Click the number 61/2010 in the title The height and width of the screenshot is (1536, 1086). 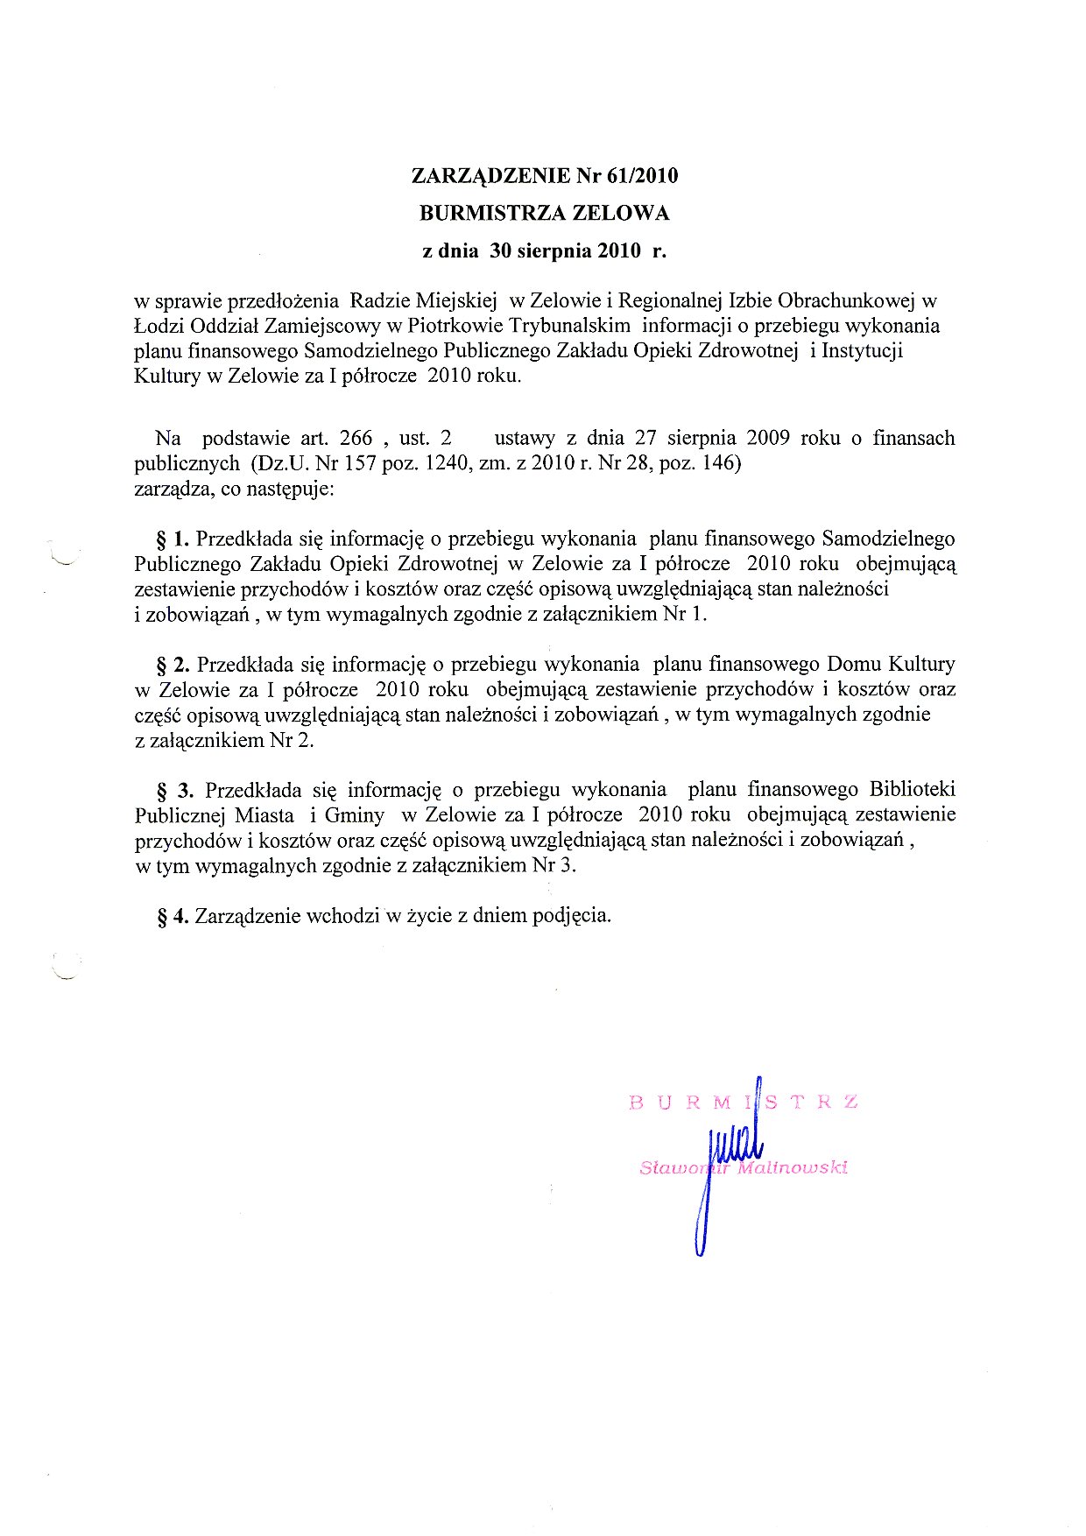click(x=641, y=176)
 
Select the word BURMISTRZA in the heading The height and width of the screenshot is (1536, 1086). click(x=491, y=214)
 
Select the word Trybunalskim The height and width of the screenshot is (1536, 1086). click(x=569, y=326)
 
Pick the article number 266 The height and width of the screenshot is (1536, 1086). click(x=355, y=438)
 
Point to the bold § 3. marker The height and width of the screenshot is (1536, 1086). click(x=174, y=791)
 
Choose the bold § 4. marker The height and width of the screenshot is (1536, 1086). click(x=173, y=917)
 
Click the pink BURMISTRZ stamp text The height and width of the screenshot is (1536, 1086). click(x=743, y=1102)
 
